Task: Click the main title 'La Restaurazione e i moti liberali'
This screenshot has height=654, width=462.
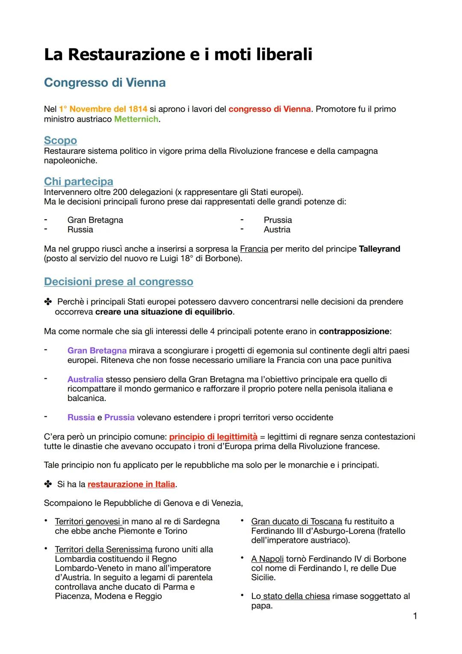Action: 178,54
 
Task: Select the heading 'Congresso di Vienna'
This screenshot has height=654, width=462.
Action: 105,82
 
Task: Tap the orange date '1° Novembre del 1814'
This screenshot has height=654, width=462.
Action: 103,109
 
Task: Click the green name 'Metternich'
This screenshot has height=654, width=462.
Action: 136,119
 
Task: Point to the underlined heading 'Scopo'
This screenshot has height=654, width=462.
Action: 60,140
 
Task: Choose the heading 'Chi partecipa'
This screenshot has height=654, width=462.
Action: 78,182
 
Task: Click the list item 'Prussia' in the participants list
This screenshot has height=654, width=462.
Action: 278,220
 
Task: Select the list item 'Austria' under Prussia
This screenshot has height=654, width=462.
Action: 277,230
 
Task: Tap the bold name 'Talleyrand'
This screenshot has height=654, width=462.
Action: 379,249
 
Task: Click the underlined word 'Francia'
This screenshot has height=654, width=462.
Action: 254,249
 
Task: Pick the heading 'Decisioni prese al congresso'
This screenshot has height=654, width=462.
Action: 118,282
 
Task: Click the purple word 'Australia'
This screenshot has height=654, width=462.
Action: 85,379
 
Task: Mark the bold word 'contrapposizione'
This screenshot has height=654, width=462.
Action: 354,331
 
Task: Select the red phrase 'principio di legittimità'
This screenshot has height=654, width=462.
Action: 213,437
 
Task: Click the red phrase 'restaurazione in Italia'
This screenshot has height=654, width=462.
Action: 131,484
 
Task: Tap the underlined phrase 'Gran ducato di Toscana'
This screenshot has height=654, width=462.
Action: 296,522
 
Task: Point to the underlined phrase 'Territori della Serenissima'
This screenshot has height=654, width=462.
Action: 104,549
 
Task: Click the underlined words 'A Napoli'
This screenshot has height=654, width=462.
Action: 267,559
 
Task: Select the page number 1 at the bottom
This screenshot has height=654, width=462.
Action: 415,616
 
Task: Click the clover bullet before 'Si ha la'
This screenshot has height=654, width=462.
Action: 47,484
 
